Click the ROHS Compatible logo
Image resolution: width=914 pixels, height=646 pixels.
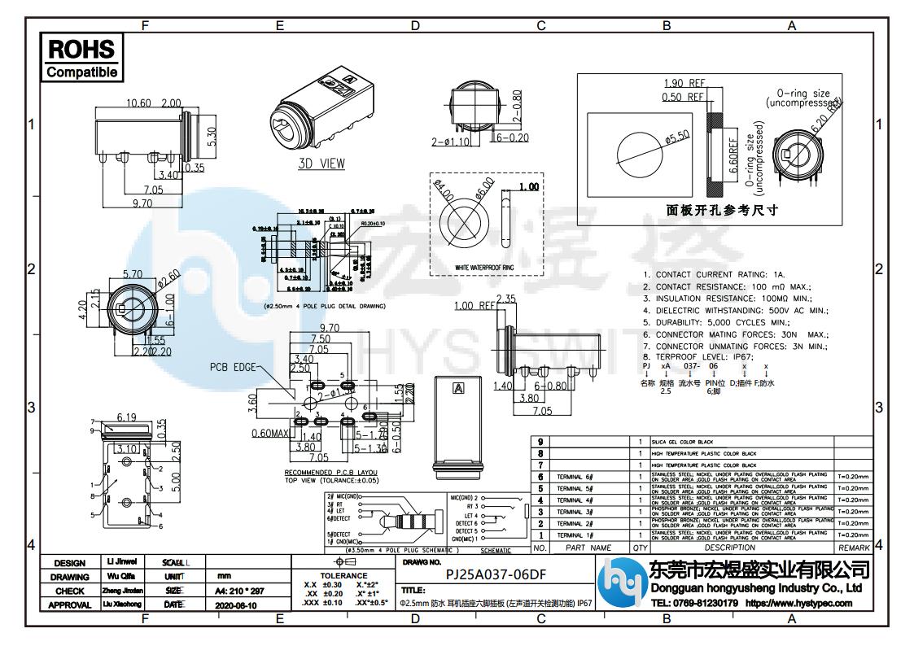tap(81, 58)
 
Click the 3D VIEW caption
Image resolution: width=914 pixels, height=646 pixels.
tap(321, 164)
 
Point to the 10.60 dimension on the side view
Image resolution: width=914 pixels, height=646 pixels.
tap(139, 103)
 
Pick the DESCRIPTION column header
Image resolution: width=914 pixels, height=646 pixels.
tap(730, 548)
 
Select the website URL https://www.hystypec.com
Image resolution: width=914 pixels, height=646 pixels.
tap(798, 604)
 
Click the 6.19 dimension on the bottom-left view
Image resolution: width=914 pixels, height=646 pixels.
tap(126, 417)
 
